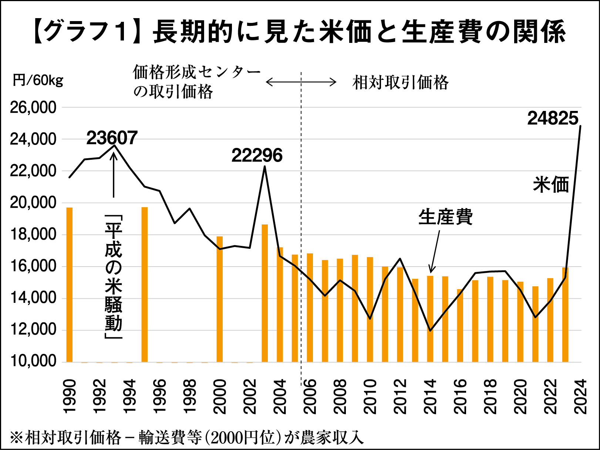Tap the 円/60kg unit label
pos(38,80)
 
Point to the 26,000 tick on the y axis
pos(33,108)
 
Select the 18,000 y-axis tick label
pos(33,234)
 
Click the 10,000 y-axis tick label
pos(33,361)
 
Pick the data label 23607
pos(112,138)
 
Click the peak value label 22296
pos(257,156)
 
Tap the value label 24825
pos(552,118)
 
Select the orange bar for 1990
pos(70,285)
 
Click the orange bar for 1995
pos(145,284)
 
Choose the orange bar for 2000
pos(220,299)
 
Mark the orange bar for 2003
pos(265,293)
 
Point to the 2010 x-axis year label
pos(370,396)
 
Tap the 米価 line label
pos(551,184)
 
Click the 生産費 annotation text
pos(445,217)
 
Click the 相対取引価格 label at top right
pos(400,82)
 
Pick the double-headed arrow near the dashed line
pos(301,82)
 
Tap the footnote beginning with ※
pos(187,437)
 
